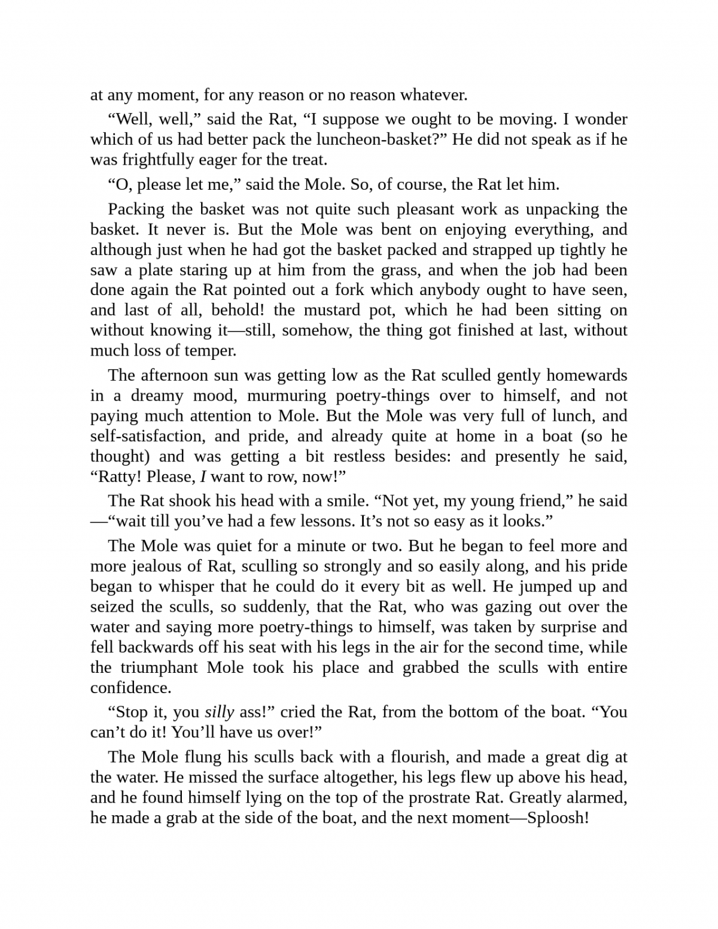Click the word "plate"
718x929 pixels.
coord(156,270)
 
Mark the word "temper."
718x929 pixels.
coord(212,351)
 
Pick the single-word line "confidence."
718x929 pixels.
coord(130,688)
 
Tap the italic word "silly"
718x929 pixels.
coord(219,712)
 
